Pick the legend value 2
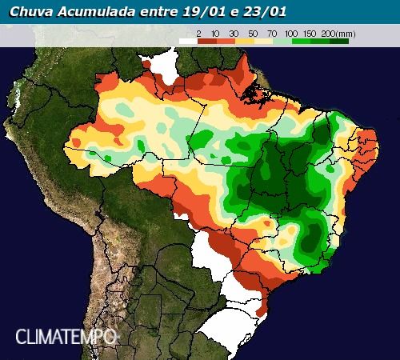point(198,32)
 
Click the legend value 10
point(217,32)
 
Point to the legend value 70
point(273,32)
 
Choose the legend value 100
point(291,32)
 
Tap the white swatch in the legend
point(188,40)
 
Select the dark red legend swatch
point(207,40)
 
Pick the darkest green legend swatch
point(339,40)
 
